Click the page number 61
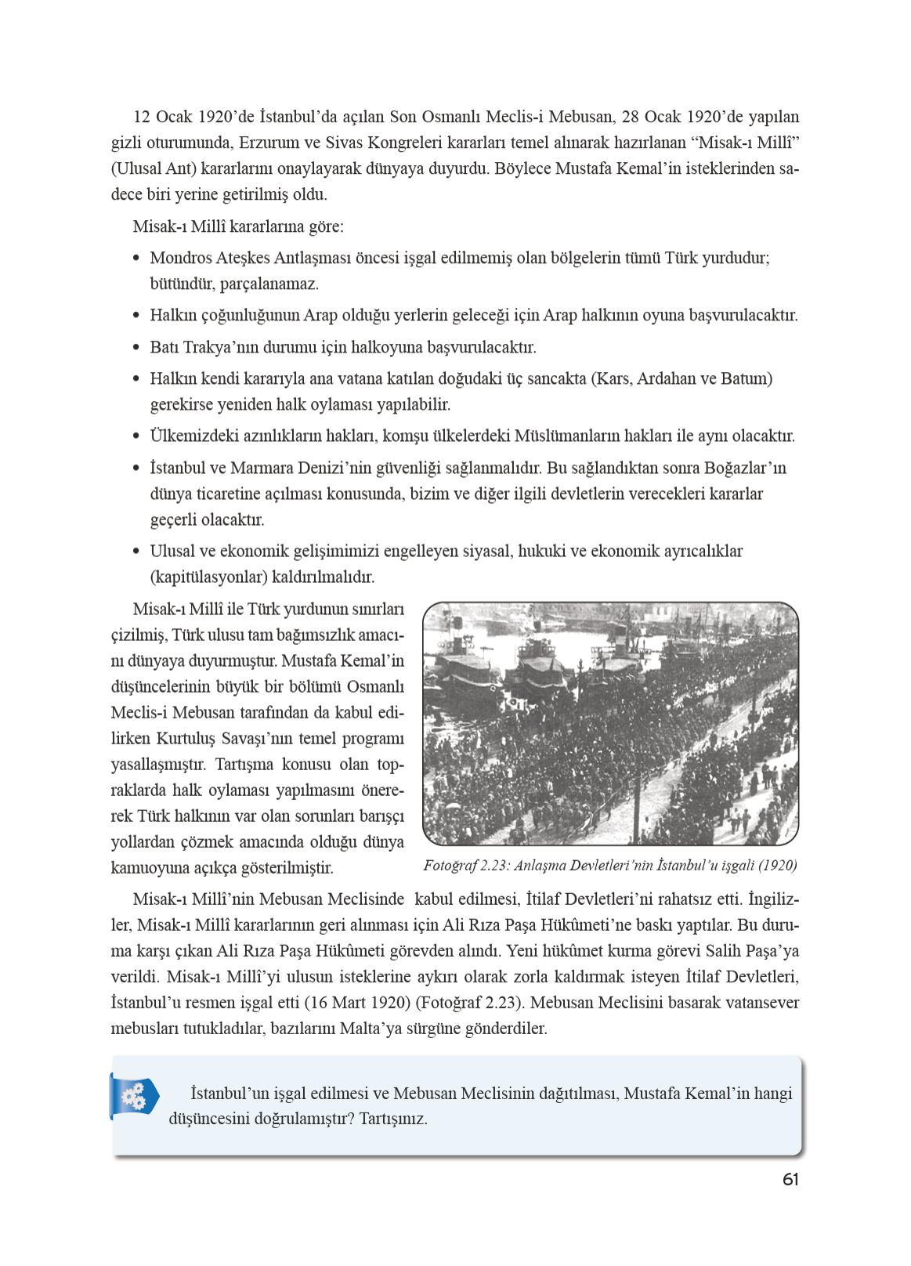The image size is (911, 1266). point(790,1179)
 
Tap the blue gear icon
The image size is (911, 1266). point(134,1095)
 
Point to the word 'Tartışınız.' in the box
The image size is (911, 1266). point(393,1119)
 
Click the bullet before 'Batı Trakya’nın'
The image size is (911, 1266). point(136,347)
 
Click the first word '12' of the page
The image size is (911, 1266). point(141,118)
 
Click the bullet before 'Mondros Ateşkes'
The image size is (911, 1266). point(136,258)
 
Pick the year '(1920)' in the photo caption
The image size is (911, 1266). point(778,866)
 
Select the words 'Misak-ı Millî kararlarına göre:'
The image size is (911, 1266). point(238,226)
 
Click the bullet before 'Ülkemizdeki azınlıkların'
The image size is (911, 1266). point(136,436)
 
